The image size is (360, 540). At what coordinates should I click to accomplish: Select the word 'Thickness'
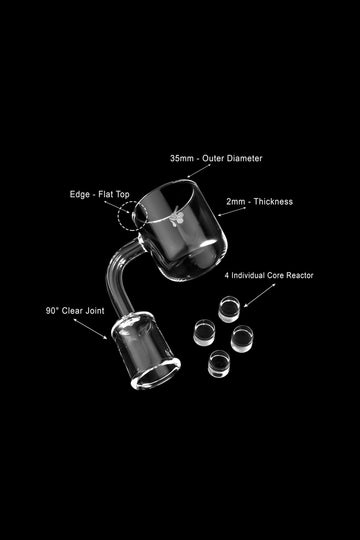pyautogui.click(x=273, y=201)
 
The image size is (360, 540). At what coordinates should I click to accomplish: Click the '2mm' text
pyautogui.click(x=236, y=202)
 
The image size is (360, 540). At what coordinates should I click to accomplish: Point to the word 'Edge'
pyautogui.click(x=80, y=195)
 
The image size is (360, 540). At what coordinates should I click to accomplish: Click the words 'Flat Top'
pyautogui.click(x=114, y=194)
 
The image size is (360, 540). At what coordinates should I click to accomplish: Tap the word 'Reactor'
pyautogui.click(x=299, y=276)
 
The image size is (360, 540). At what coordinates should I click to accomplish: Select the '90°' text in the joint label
pyautogui.click(x=52, y=311)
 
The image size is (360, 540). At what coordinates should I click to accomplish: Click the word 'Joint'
pyautogui.click(x=95, y=311)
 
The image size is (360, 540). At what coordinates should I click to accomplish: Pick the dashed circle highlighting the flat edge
pyautogui.click(x=118, y=216)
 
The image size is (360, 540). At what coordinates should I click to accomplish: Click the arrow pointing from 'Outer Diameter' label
pyautogui.click(x=199, y=171)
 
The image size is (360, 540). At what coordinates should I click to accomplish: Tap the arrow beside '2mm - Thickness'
pyautogui.click(x=232, y=212)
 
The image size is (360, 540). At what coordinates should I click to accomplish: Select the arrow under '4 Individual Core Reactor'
pyautogui.click(x=260, y=295)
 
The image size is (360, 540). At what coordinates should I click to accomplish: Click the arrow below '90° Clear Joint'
pyautogui.click(x=90, y=329)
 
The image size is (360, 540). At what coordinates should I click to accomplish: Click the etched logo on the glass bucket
pyautogui.click(x=177, y=217)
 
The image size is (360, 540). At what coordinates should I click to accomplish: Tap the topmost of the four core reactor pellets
pyautogui.click(x=229, y=309)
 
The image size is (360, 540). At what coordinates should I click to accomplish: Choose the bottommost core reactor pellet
pyautogui.click(x=219, y=364)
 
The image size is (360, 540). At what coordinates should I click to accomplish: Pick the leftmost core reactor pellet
pyautogui.click(x=204, y=332)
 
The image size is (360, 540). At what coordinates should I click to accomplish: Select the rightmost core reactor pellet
pyautogui.click(x=242, y=339)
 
